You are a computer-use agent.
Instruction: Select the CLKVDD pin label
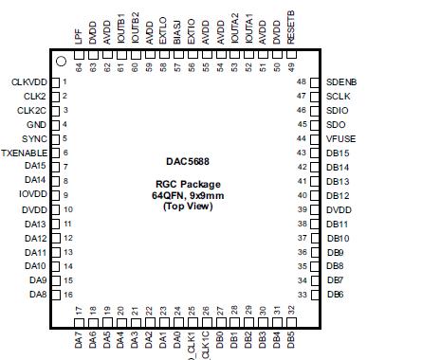(x=29, y=82)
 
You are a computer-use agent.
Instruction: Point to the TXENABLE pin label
(x=25, y=153)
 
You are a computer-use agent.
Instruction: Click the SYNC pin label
(x=35, y=138)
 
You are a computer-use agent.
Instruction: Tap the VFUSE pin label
(x=342, y=138)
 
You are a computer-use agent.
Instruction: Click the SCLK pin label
(x=339, y=97)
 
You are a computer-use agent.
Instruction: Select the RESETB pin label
(x=290, y=21)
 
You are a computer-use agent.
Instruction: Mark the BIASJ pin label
(x=177, y=26)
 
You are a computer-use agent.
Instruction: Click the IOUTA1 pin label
(x=248, y=23)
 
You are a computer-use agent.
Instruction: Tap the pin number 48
(x=303, y=82)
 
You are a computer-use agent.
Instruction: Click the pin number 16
(x=68, y=295)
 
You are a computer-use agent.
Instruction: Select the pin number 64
(x=78, y=66)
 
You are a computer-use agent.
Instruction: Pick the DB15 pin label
(x=339, y=153)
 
